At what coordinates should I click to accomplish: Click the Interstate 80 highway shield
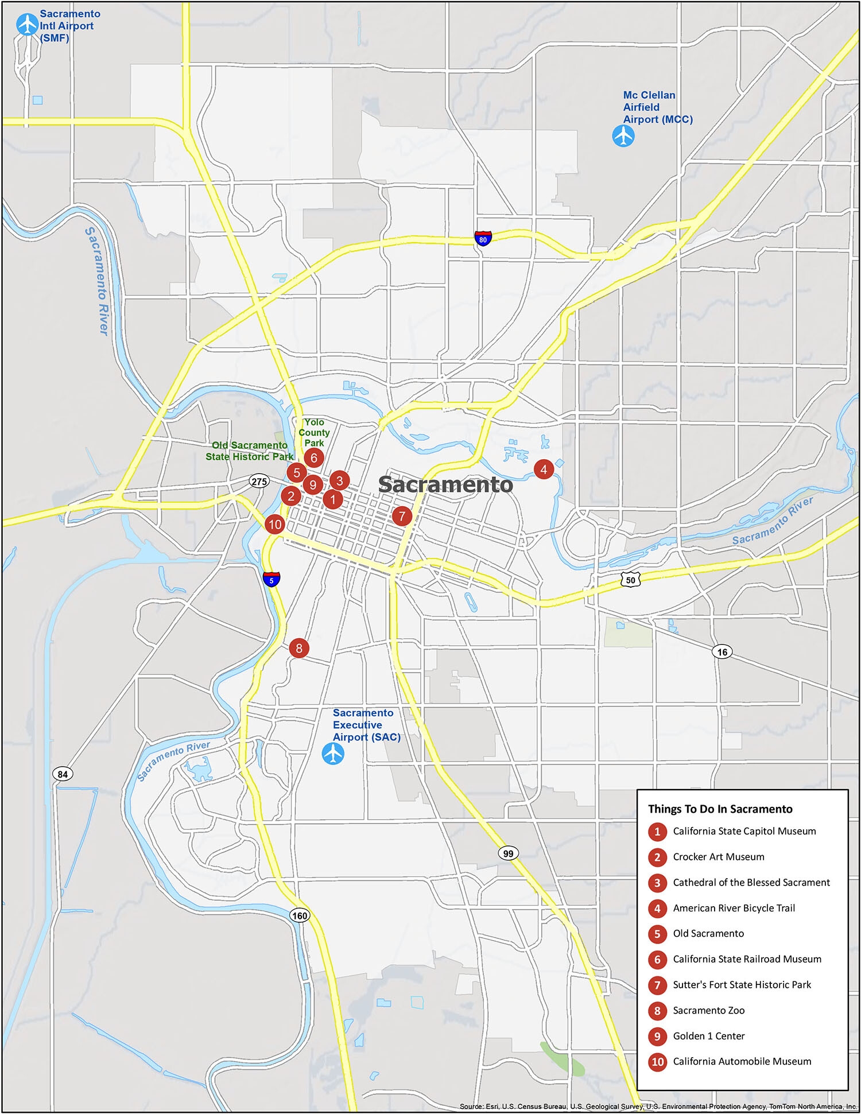tap(483, 238)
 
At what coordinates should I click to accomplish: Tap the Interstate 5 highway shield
tap(272, 579)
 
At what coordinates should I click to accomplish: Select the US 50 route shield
tap(630, 580)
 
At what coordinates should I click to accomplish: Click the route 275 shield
tap(259, 481)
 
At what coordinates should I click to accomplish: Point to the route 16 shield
tap(722, 651)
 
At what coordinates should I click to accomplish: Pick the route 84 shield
tap(63, 774)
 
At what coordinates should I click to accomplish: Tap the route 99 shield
tap(508, 853)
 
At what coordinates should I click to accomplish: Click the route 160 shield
tap(300, 915)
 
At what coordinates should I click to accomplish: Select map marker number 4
tap(544, 469)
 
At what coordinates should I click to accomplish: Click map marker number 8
tap(299, 648)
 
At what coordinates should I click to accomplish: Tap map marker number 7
tap(402, 516)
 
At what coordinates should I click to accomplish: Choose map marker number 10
tap(275, 524)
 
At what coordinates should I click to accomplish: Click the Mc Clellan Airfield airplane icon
tap(623, 137)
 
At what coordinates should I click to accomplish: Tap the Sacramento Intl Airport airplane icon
tap(27, 24)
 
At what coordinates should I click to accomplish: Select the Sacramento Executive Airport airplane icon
tap(333, 753)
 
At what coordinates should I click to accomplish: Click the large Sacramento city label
tap(445, 484)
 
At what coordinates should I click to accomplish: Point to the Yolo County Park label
tap(314, 433)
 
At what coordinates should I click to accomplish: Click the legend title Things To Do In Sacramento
tap(720, 809)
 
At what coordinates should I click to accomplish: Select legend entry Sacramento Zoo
tap(708, 1010)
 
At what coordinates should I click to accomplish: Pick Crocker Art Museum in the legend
tap(718, 856)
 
